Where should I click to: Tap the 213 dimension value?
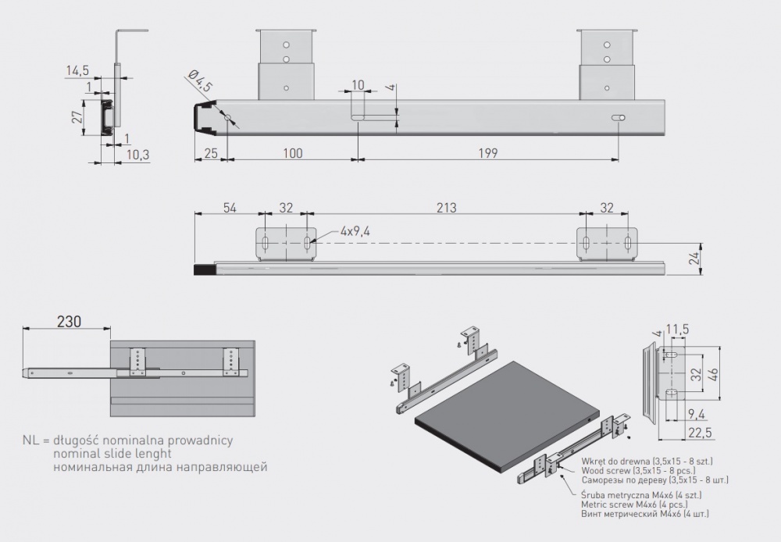pos(446,209)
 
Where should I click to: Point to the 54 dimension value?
pos(230,209)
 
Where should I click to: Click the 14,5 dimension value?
pos(77,71)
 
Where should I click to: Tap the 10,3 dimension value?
pos(137,155)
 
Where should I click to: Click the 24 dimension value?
pos(694,259)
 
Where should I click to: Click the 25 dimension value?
pos(211,154)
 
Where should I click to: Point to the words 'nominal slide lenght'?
pos(112,454)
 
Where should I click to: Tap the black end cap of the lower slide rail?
pos(204,269)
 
